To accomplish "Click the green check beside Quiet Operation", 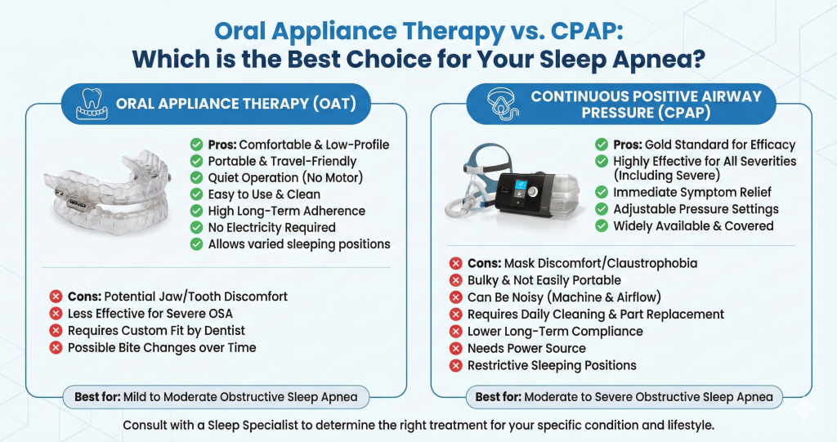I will click(196, 177).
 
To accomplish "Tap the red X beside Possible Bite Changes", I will click(56, 348).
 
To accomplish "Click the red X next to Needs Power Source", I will click(456, 348).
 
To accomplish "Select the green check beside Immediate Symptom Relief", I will click(602, 193).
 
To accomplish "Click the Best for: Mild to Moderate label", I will click(217, 398).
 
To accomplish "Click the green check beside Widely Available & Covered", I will click(602, 225).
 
